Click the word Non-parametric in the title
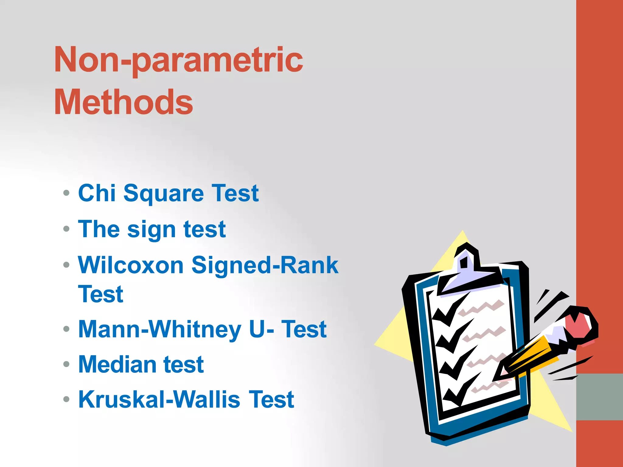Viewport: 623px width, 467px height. point(179,60)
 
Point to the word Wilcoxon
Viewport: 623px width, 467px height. point(131,265)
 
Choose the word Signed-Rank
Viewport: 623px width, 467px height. point(265,265)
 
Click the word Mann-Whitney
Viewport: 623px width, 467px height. point(160,330)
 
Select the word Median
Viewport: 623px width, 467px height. point(117,364)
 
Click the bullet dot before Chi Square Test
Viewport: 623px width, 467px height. point(66,193)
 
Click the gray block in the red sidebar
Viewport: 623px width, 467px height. point(599,397)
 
